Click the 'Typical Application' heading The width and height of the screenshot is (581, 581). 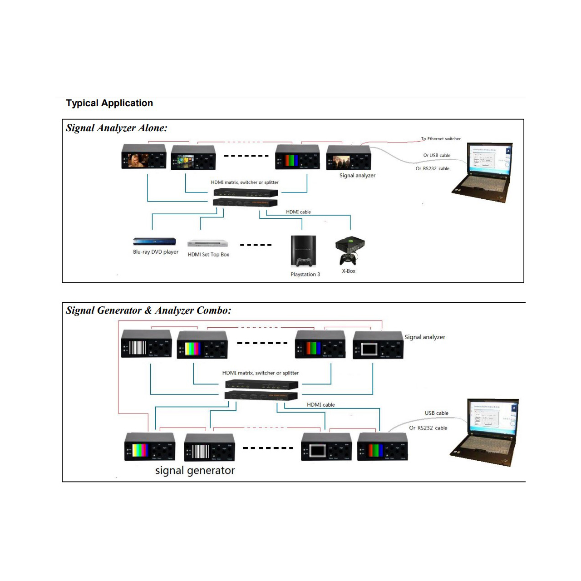point(109,103)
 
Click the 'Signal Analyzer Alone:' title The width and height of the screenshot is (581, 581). point(116,128)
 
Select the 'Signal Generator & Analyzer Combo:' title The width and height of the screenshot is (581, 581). point(148,310)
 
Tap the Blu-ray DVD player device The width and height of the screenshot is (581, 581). point(154,241)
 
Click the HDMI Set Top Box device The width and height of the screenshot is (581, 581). point(207,243)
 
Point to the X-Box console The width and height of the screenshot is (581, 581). point(350,250)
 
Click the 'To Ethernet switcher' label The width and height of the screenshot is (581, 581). point(441,139)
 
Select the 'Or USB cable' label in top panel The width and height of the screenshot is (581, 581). point(437,155)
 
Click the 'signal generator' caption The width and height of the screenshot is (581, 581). point(195,470)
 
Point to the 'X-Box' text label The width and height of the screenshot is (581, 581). point(349,271)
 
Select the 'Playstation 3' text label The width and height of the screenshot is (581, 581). point(305,274)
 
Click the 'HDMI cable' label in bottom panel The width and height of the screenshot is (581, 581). point(320,404)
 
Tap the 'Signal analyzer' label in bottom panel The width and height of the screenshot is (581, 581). point(424,337)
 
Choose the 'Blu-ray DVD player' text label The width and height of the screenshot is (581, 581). point(156,252)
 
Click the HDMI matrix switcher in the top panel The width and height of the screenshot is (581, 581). point(245,197)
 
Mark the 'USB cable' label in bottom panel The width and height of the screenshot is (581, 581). point(436,413)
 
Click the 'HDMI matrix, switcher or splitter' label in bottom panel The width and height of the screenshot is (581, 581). point(260,373)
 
